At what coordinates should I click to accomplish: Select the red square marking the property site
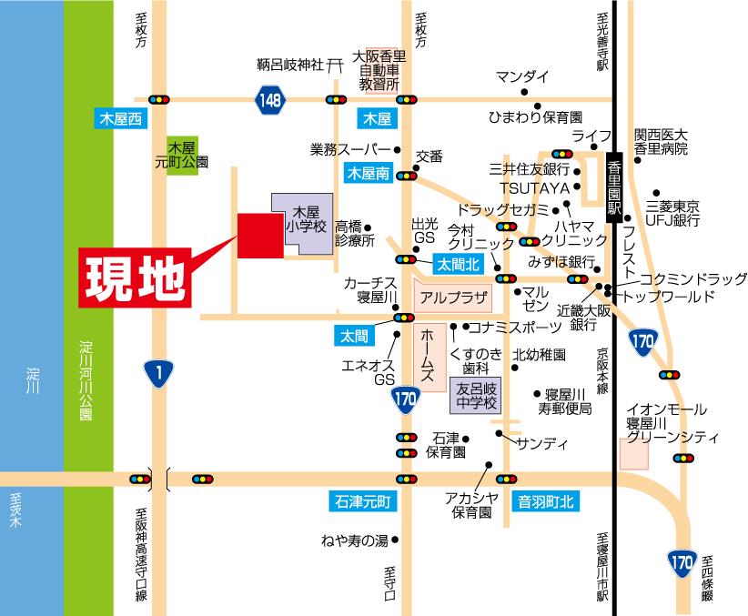tap(259, 237)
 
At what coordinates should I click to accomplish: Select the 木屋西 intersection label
tap(121, 118)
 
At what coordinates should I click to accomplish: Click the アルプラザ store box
tap(452, 297)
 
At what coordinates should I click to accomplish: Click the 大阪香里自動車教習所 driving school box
tap(379, 70)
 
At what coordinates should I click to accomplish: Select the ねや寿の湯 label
tap(354, 540)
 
